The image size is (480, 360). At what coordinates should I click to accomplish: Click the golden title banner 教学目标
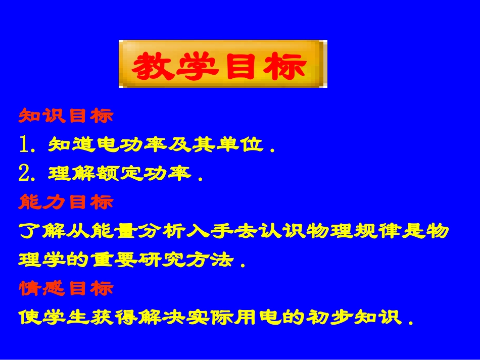222,64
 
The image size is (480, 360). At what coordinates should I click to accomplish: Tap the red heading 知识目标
66,116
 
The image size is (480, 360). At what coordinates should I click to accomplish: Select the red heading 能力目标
66,202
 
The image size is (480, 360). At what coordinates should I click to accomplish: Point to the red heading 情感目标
66,289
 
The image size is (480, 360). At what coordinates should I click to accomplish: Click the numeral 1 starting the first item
25,145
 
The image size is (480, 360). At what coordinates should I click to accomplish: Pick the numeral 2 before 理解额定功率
25,174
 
